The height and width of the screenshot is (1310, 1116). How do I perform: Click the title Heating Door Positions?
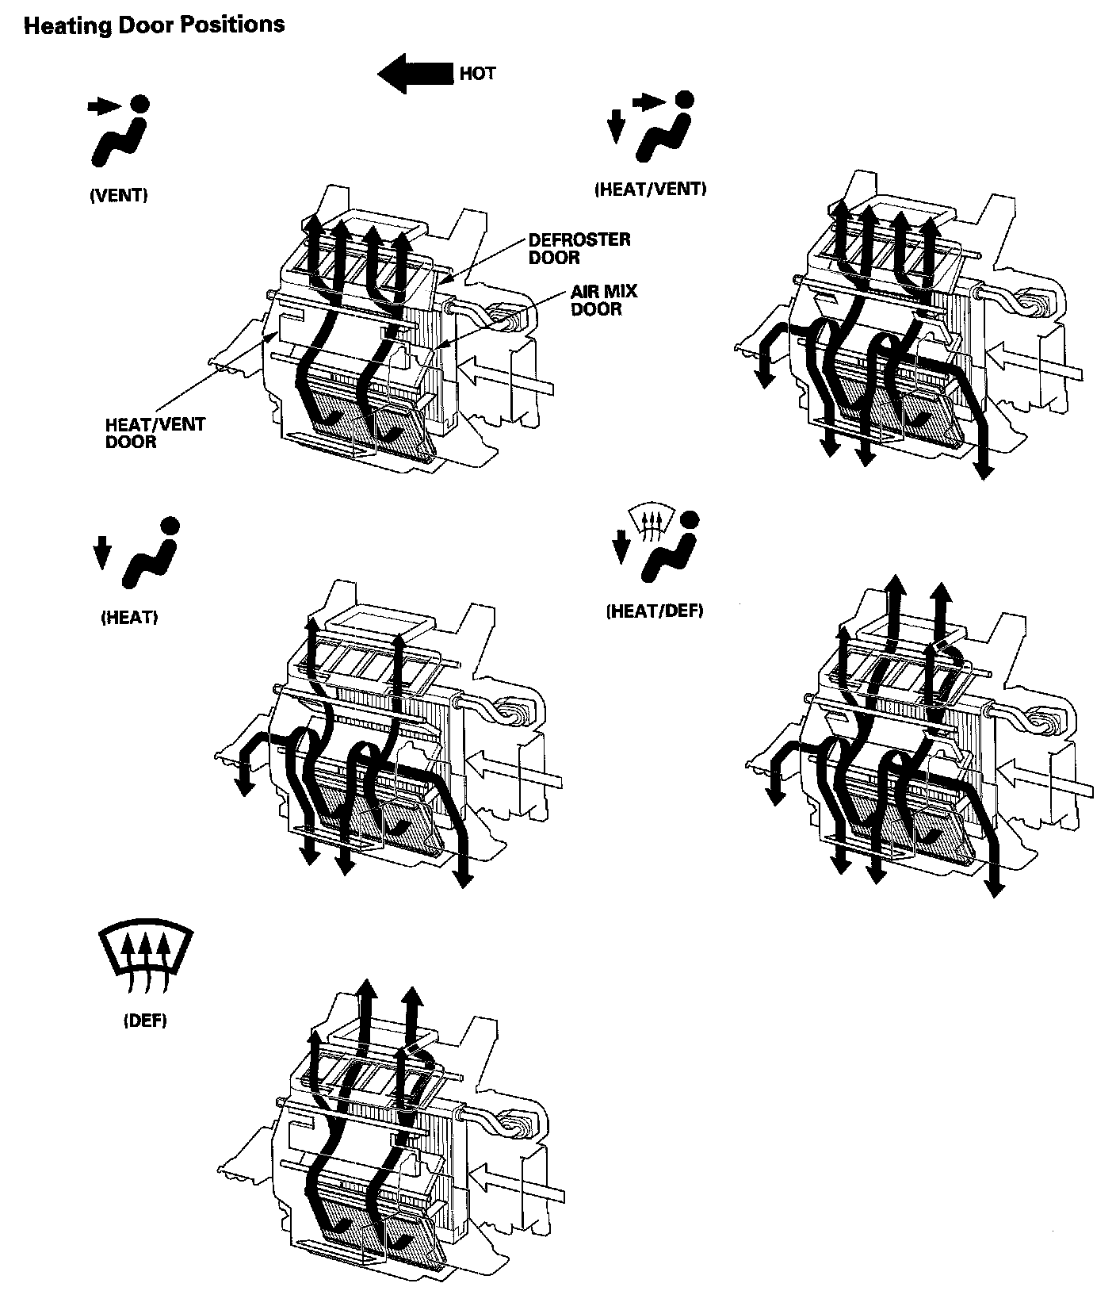(154, 25)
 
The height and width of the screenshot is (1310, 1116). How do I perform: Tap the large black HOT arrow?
(415, 73)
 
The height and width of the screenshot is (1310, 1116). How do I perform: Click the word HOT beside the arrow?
(477, 74)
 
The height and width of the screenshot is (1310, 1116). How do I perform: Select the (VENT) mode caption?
(118, 195)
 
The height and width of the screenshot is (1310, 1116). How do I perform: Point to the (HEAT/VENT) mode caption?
(650, 189)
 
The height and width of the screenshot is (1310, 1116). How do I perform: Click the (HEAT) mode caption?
(129, 617)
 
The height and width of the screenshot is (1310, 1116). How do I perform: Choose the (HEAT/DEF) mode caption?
(654, 611)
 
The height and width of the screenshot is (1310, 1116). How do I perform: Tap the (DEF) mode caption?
(145, 1021)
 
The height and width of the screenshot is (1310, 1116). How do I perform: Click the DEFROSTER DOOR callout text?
(579, 248)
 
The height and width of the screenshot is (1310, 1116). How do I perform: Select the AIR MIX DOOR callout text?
(603, 300)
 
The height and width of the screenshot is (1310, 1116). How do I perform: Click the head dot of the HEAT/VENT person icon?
(685, 99)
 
